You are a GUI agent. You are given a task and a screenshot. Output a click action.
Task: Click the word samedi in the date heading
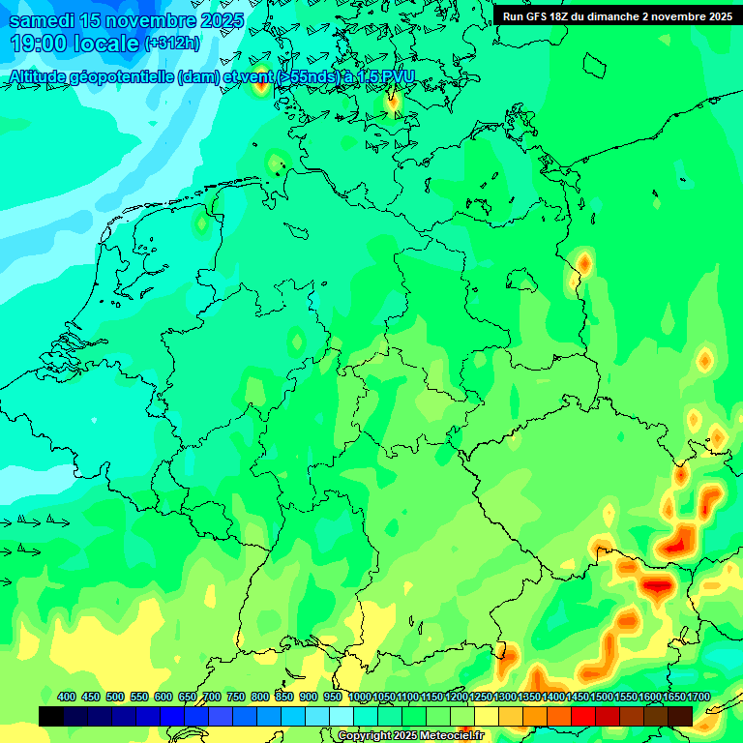tap(44, 19)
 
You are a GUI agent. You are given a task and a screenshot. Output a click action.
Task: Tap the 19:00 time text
tap(39, 44)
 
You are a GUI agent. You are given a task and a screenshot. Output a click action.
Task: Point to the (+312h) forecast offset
tap(173, 44)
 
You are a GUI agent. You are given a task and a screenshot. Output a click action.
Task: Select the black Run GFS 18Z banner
tap(616, 15)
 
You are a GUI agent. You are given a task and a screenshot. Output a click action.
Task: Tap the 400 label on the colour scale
tap(67, 698)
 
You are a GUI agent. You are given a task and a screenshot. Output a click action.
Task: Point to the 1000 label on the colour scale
tap(359, 698)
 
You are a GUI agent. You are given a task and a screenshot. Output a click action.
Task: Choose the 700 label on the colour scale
tap(212, 698)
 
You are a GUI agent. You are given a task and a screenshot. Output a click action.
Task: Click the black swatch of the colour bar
tap(51, 716)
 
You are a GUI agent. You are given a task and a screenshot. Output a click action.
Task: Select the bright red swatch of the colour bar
tap(583, 716)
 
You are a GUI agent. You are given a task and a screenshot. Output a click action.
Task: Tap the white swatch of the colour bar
tap(342, 716)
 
